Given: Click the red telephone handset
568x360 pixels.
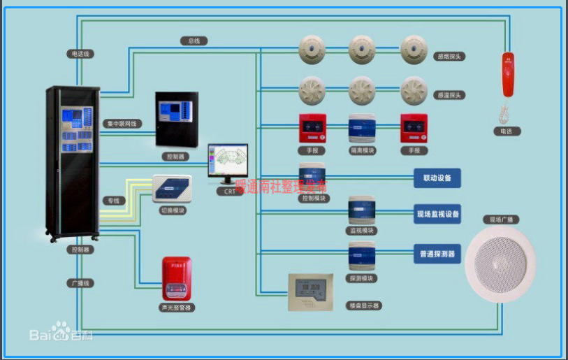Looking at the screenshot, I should click(507, 74).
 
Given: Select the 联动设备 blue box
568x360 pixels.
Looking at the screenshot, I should click(437, 178).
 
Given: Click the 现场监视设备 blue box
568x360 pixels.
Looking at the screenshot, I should click(437, 215).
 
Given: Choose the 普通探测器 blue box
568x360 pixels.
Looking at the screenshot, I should click(437, 254).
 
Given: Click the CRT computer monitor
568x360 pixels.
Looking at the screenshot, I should click(227, 164).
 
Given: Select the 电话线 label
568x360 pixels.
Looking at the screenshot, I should click(81, 53).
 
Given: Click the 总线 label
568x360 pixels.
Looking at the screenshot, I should click(194, 41).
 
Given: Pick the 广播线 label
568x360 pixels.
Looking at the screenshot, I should click(81, 283).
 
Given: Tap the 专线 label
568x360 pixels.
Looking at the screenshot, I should click(112, 201).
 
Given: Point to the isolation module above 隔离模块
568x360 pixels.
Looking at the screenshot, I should click(362, 129).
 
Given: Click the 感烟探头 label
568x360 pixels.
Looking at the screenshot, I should click(450, 56).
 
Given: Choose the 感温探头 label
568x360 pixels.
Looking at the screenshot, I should click(450, 94).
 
